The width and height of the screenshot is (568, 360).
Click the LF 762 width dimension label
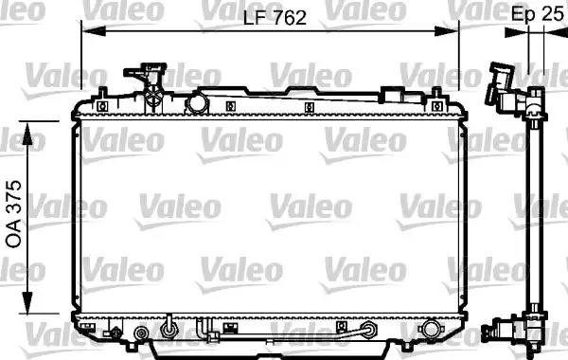275,18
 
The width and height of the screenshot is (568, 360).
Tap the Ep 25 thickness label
537,14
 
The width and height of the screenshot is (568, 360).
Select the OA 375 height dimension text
14,214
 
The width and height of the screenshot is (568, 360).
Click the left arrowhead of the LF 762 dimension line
94,31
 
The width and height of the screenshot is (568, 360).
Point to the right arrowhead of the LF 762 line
447,31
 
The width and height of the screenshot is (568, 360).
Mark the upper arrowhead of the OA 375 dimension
27,135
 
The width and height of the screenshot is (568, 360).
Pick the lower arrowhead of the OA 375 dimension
27,301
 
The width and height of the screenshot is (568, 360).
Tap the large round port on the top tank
197,102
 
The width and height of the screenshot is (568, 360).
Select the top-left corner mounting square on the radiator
103,106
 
